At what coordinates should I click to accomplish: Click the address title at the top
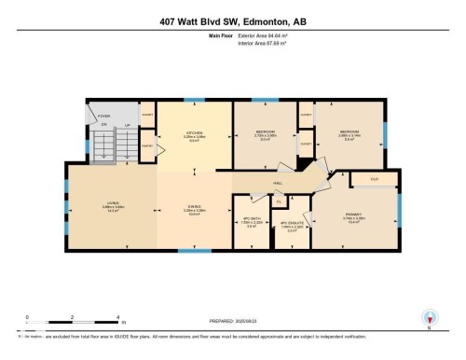point(232,19)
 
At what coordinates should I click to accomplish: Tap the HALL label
point(277,185)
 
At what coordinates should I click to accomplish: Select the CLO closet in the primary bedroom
point(373,178)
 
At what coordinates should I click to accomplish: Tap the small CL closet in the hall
point(277,200)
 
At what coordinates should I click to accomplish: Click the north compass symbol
point(430,317)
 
